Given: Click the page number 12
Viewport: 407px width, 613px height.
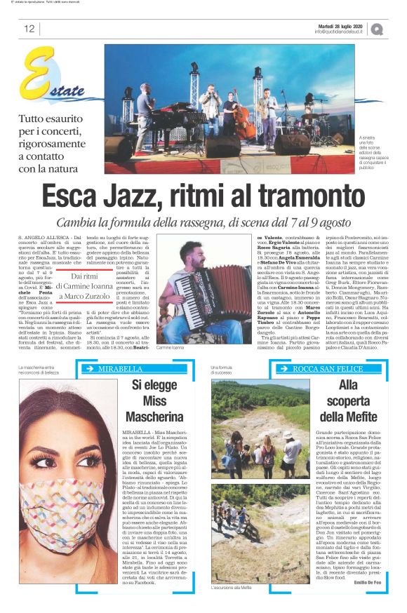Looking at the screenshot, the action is [29, 29].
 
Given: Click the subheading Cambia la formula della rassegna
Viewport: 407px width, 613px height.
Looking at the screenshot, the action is [203, 222].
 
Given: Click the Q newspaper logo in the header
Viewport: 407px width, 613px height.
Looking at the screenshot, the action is [378, 29].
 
